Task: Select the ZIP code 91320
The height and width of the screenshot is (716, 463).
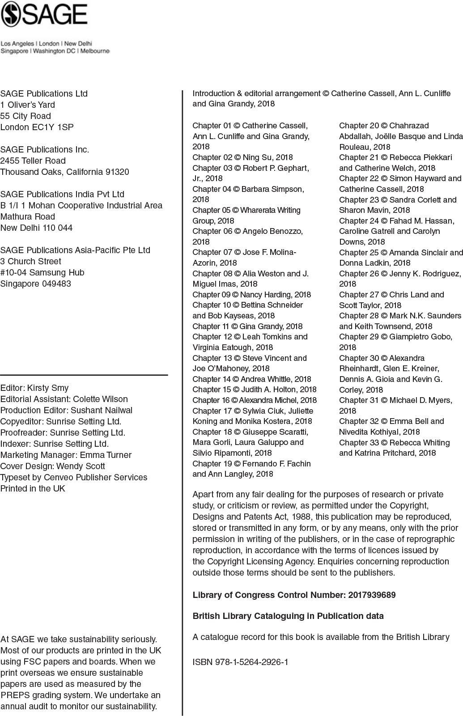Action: [x=117, y=172]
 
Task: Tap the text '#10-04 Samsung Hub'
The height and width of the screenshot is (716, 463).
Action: [x=42, y=272]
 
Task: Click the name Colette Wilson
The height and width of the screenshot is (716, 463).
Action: [x=100, y=399]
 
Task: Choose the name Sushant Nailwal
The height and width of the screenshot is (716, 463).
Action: [x=102, y=410]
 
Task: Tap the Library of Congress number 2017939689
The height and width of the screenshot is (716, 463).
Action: [x=372, y=595]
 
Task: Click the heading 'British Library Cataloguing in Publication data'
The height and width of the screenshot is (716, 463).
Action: [x=288, y=616]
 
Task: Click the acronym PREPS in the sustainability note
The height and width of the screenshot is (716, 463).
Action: [x=14, y=695]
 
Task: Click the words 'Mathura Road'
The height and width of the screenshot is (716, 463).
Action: [x=28, y=216]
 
